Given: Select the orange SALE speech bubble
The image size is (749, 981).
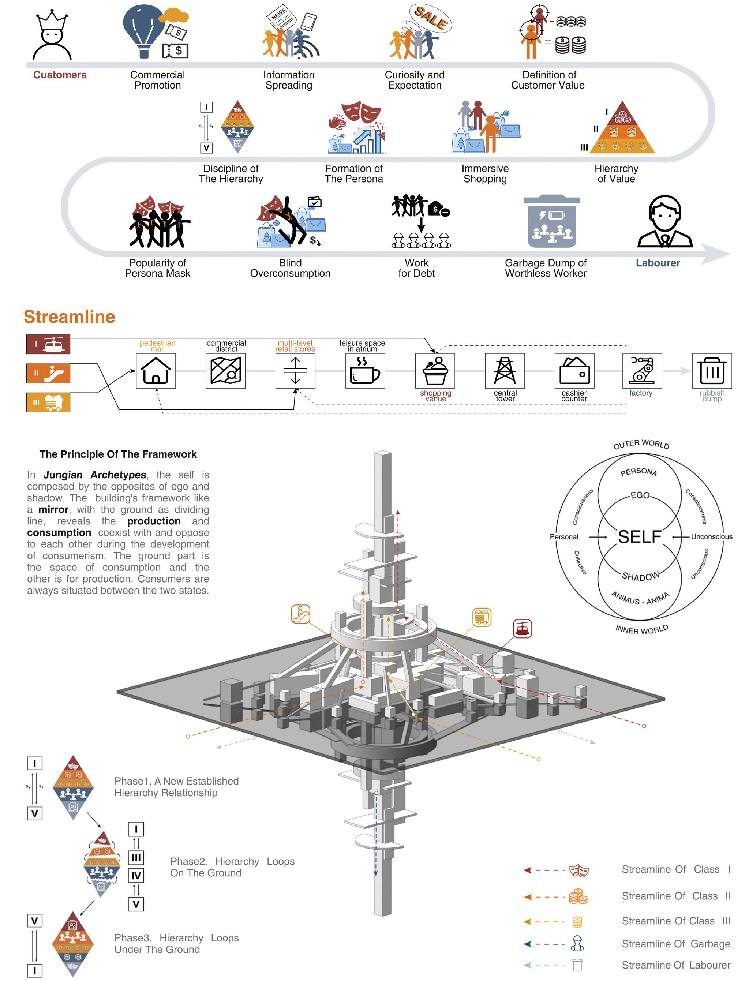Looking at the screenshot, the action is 431,18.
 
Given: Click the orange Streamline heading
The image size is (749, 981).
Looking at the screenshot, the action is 70,317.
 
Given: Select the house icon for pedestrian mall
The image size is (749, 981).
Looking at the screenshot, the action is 156,371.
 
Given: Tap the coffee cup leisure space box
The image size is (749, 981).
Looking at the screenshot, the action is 365,371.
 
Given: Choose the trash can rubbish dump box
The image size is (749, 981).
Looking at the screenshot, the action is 712,371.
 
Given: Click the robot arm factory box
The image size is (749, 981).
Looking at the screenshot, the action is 642,371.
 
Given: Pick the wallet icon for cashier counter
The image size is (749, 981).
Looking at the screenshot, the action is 574,371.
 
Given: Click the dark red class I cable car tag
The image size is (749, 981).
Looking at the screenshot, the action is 48,345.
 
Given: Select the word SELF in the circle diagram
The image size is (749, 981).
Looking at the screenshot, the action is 639,537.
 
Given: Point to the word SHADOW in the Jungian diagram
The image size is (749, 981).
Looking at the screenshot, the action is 640,577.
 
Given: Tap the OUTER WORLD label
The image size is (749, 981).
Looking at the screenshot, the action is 641,444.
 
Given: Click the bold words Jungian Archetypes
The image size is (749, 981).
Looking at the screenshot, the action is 94,475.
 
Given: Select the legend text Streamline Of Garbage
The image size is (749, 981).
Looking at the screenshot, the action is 676,944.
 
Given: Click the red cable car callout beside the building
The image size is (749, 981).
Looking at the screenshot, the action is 522,629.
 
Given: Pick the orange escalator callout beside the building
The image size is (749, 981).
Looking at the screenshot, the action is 301,614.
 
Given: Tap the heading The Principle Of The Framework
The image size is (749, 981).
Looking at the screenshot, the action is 118,454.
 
